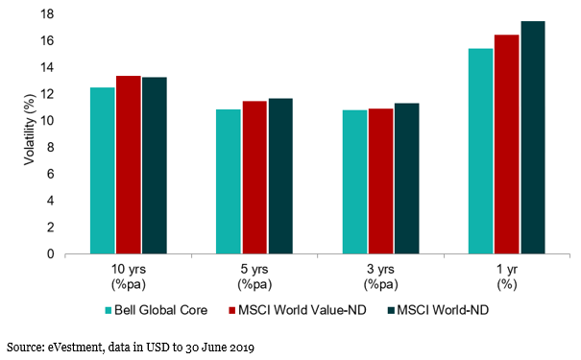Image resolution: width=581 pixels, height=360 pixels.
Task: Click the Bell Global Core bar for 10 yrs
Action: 102,171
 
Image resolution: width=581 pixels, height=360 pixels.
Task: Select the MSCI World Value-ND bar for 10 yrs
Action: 128,165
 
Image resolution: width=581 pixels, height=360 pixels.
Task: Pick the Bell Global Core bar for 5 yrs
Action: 229,181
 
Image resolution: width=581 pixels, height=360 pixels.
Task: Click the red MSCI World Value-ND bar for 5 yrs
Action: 254,178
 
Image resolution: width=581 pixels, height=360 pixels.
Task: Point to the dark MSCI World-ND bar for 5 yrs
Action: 280,177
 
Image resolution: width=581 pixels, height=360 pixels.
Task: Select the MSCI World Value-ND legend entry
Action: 287,310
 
